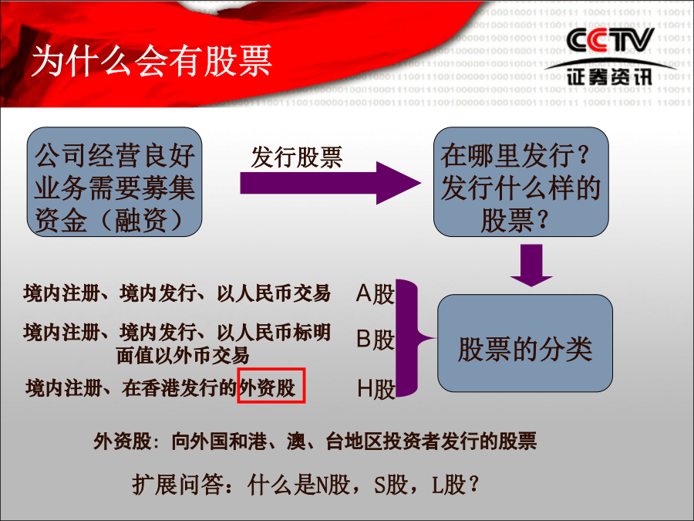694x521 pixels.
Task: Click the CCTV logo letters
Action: tap(611, 40)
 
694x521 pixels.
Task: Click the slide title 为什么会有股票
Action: tap(152, 61)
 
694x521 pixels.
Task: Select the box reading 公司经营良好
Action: tap(115, 181)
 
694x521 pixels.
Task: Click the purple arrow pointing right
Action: tap(330, 183)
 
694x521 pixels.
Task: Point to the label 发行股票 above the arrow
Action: tap(297, 157)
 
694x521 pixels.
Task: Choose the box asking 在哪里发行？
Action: tap(521, 181)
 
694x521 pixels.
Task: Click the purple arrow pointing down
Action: tap(531, 265)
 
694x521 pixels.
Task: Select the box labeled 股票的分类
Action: tap(525, 343)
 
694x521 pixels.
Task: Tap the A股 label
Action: tap(375, 294)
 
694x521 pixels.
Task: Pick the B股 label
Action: tap(375, 340)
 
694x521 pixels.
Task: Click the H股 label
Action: tap(376, 389)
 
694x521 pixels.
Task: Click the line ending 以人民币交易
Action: tap(177, 293)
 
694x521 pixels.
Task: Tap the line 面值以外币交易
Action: tap(183, 355)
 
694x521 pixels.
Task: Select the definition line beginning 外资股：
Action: tap(315, 441)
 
